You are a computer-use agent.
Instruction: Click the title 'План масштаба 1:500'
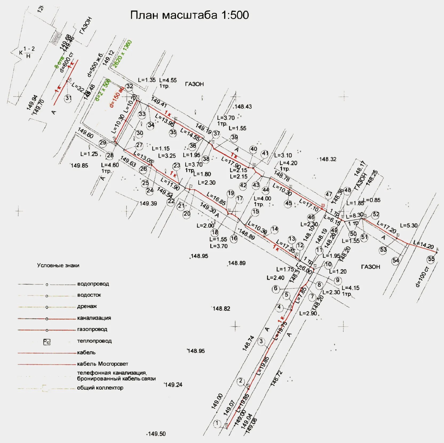(189, 15)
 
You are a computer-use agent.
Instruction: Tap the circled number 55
(431, 259)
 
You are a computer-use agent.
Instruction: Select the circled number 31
(69, 98)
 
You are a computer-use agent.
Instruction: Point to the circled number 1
(217, 423)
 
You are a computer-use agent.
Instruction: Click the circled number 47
(329, 194)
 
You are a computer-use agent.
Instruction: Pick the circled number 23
(177, 166)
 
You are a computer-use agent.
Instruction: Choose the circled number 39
(234, 137)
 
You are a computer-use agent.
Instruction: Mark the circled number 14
(275, 229)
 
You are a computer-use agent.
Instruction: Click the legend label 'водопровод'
(93, 284)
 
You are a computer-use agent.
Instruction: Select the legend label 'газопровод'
(92, 329)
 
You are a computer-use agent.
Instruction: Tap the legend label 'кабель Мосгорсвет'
(102, 364)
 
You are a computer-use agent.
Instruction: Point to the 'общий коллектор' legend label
(100, 387)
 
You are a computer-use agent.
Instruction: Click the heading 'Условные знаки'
(58, 265)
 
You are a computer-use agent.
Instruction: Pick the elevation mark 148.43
(243, 106)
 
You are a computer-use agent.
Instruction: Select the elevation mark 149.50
(157, 434)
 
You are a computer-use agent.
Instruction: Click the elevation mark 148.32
(328, 159)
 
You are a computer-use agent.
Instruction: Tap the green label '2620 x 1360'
(122, 54)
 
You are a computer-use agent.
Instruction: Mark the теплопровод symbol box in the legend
(47, 342)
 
